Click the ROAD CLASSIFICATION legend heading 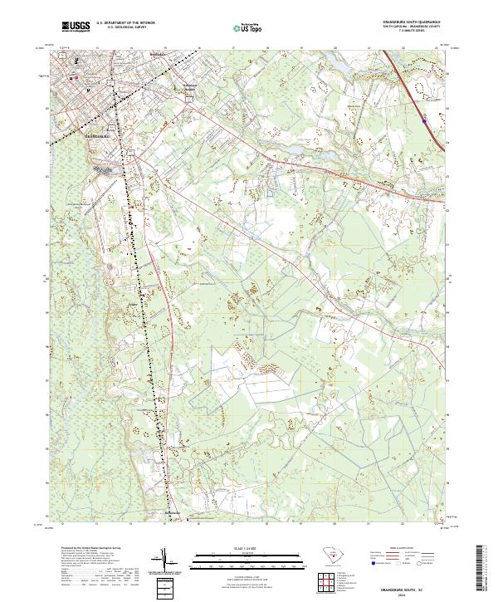402,549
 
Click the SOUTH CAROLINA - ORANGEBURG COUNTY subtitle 411,28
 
